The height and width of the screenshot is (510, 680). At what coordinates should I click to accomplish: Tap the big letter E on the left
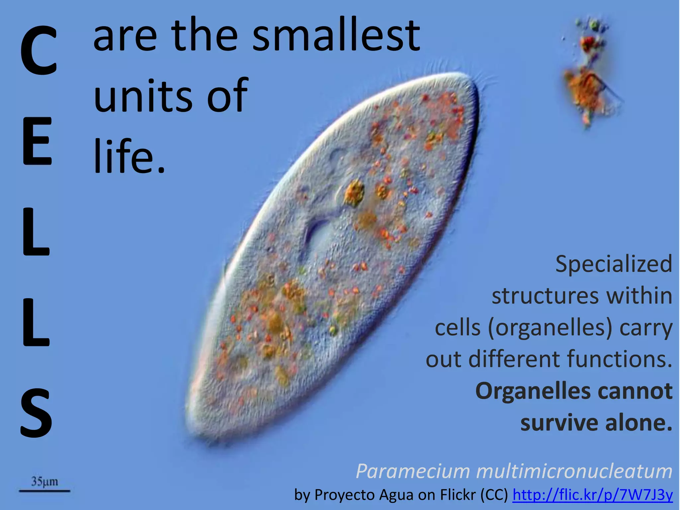pos(37,141)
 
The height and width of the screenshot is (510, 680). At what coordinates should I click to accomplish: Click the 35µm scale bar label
pos(44,481)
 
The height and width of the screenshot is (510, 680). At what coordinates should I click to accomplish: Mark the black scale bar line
pos(44,490)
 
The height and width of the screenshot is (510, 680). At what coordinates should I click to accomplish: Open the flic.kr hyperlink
pos(592,495)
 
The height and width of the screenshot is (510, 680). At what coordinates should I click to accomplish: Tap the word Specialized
pos(614,264)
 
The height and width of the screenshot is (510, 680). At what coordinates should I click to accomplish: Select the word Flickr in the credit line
pos(458,495)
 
